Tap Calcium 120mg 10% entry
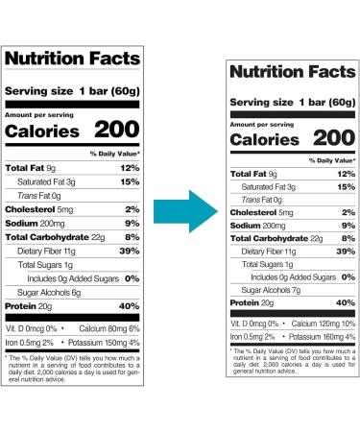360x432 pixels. [x=322, y=323]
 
